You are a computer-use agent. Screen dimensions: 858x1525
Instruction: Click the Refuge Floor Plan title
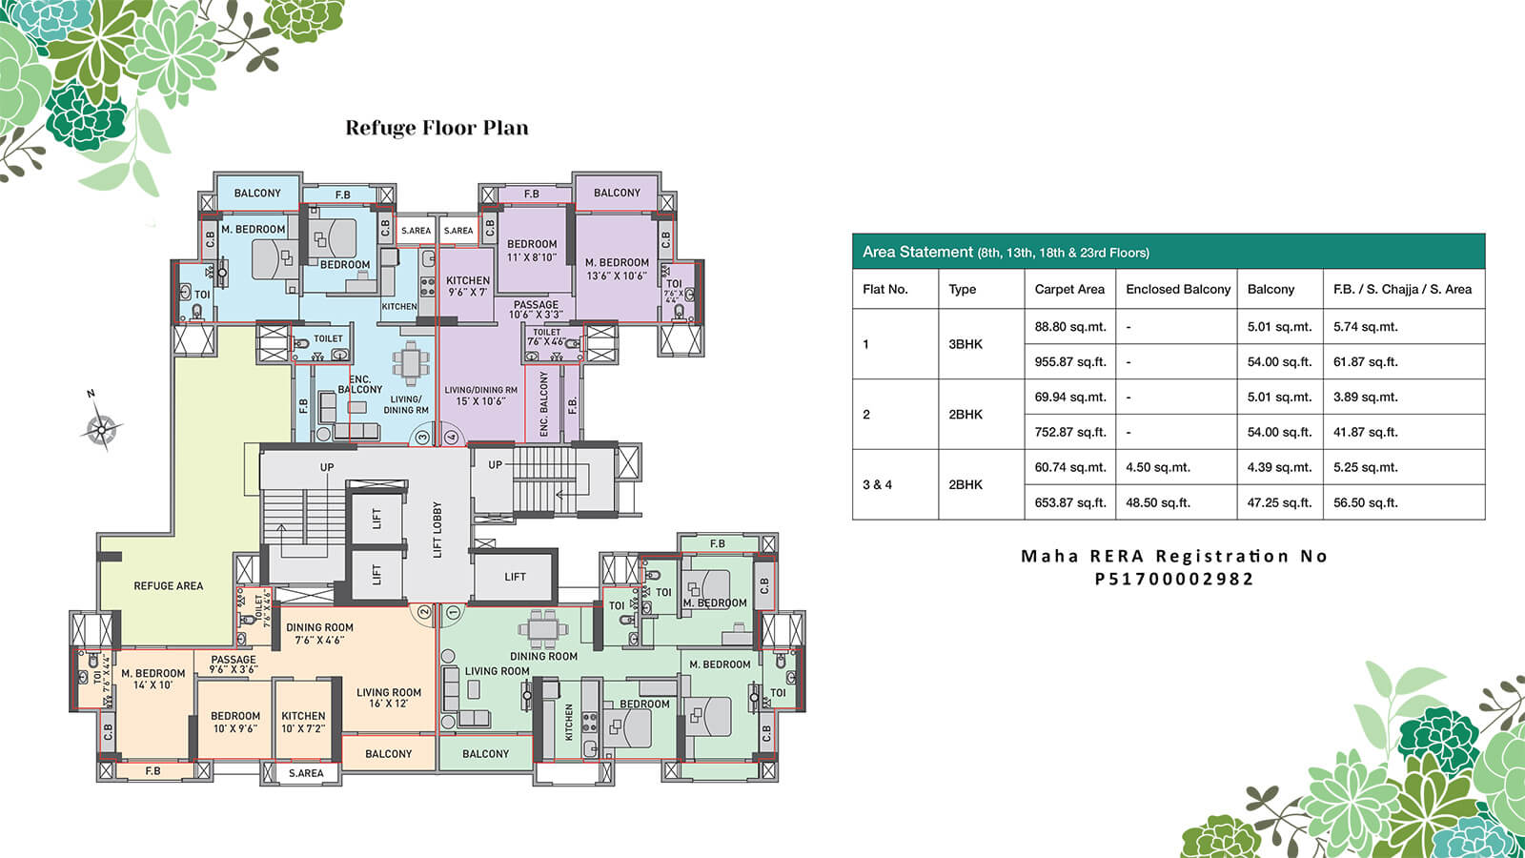click(437, 128)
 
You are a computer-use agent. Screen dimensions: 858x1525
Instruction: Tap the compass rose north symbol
click(100, 428)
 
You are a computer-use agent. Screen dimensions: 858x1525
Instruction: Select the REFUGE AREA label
click(168, 585)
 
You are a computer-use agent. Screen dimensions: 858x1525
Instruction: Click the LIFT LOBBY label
click(437, 530)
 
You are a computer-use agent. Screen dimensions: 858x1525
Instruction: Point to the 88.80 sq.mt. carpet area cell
click(1069, 326)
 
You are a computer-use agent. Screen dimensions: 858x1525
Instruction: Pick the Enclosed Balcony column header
click(1178, 289)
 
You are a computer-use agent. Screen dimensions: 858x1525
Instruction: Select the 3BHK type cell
click(965, 344)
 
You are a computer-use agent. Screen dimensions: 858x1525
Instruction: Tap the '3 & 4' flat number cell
click(877, 484)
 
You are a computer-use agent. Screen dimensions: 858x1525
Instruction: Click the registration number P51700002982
click(1174, 579)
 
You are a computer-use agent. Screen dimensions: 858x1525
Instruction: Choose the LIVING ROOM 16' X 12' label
click(389, 698)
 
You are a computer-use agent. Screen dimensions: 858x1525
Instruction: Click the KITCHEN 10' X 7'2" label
click(303, 722)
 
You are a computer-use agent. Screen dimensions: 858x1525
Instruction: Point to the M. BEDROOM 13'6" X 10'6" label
click(617, 269)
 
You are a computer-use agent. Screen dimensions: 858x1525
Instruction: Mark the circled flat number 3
click(422, 438)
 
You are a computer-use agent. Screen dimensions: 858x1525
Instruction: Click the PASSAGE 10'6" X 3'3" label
click(536, 310)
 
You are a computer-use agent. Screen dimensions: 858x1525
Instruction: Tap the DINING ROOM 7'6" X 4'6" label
click(319, 633)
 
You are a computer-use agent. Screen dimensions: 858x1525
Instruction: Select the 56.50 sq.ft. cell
click(1365, 502)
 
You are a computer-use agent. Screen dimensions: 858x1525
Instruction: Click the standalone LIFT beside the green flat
click(515, 576)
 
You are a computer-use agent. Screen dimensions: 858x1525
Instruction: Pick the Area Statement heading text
click(1006, 252)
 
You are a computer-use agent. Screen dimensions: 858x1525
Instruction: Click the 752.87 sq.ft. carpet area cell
click(1069, 432)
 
